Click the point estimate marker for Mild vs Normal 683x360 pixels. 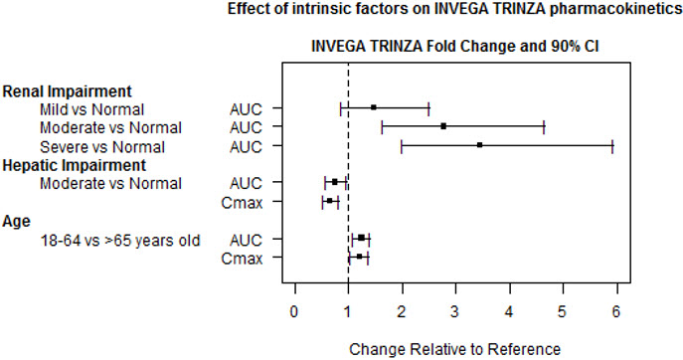coord(373,107)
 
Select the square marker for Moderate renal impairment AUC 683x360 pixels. coord(443,126)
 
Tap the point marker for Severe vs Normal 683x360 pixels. coord(479,145)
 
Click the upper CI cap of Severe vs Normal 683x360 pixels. coord(612,147)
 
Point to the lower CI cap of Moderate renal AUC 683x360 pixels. coord(382,128)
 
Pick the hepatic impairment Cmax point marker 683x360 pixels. coord(330,201)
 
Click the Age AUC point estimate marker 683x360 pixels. coord(361,238)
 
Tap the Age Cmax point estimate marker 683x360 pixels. coord(359,257)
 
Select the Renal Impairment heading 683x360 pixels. coord(67,91)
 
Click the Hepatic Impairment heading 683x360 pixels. coord(74,166)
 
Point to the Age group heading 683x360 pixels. coord(17,222)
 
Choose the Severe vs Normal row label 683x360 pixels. coord(102,147)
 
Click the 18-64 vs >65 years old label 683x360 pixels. coord(120,240)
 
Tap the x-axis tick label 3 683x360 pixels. coord(454,312)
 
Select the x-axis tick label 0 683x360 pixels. coord(295,312)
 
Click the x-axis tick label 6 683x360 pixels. coord(615,312)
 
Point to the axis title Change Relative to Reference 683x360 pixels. coord(454,349)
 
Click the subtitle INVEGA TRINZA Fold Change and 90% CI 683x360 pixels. coord(454,46)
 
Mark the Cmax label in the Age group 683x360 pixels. coord(242,259)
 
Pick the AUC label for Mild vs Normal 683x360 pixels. coord(246,109)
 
